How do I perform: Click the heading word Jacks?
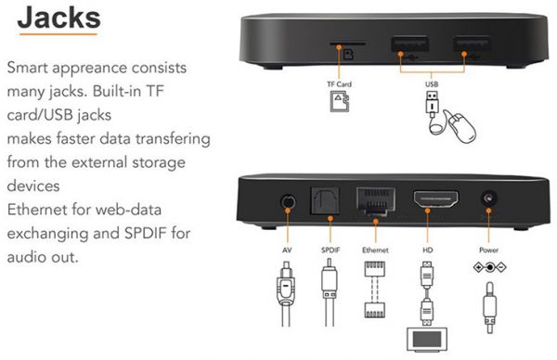[59, 18]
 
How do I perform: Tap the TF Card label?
[339, 84]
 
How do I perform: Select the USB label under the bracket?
[432, 84]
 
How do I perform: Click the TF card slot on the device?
[347, 44]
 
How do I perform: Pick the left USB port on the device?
[409, 44]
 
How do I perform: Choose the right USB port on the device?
[473, 44]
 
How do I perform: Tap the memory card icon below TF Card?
[340, 101]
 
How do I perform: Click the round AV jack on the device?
[288, 202]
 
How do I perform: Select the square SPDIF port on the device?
[326, 200]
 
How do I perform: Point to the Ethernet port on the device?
[376, 200]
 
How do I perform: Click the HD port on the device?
[436, 199]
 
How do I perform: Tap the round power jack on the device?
[489, 199]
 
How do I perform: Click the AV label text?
[287, 250]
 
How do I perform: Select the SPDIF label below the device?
[330, 250]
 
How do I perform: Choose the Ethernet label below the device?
[375, 250]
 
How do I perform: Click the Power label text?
[489, 250]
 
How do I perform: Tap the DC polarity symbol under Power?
[489, 267]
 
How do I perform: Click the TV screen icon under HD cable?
[427, 340]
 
